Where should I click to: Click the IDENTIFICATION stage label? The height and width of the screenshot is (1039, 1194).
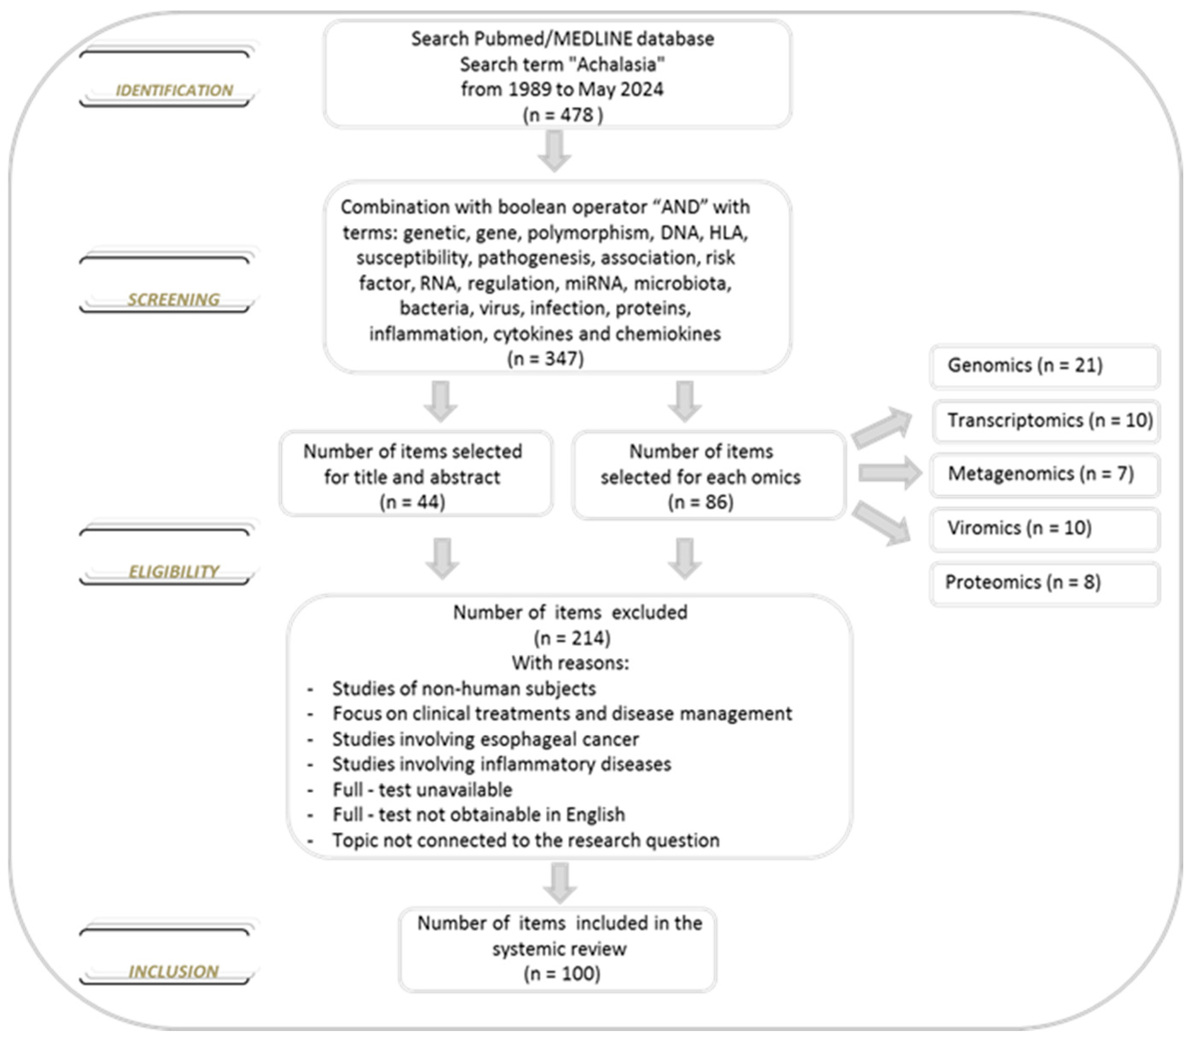(x=174, y=90)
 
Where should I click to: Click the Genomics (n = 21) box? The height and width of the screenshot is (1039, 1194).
(x=1044, y=366)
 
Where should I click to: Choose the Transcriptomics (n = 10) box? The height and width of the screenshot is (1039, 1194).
(x=1046, y=421)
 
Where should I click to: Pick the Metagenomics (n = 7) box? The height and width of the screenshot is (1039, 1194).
(x=1044, y=474)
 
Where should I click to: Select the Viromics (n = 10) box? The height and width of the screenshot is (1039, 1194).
(x=1044, y=528)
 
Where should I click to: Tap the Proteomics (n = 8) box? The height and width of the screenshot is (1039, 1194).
(x=1044, y=583)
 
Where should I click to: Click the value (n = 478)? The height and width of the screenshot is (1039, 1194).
(x=562, y=115)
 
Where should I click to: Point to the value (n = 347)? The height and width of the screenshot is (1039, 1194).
(x=545, y=359)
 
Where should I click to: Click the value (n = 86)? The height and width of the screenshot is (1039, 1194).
(x=700, y=502)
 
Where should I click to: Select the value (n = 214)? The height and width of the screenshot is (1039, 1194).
(x=571, y=638)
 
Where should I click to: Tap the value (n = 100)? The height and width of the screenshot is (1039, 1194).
(x=562, y=973)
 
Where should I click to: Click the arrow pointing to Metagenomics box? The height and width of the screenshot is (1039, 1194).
(x=890, y=473)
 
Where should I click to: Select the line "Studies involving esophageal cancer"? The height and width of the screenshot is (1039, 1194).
(x=485, y=739)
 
